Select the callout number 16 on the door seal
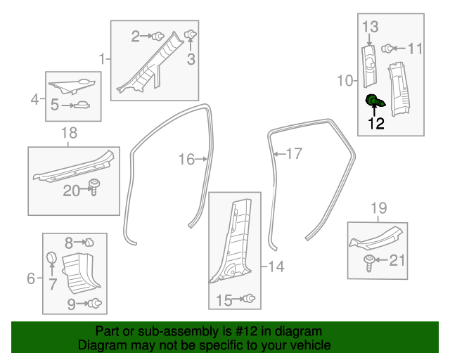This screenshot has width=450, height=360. pos(186,160)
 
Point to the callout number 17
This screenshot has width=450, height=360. pos(293,153)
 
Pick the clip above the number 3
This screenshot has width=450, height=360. pos(190,34)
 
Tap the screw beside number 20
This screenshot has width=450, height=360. pos(93,188)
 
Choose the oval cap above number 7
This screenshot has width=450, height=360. pos(51,258)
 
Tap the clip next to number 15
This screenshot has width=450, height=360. pos(249,300)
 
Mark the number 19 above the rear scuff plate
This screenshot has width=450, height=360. pos(378,207)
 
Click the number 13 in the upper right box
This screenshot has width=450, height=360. pos(371,27)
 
